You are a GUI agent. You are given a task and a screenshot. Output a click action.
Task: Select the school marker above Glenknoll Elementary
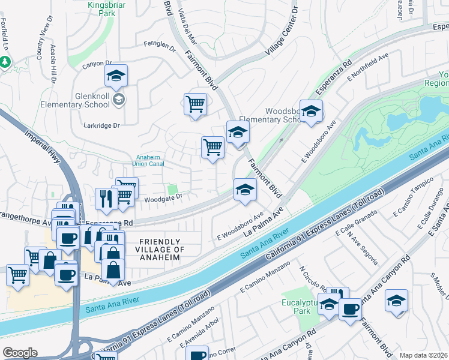point(116,76)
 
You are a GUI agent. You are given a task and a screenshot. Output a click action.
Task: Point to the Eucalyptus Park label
point(298,307)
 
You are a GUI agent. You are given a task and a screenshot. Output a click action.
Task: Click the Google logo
point(20,353)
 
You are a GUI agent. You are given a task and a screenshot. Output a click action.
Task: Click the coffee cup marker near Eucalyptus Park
point(350,310)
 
